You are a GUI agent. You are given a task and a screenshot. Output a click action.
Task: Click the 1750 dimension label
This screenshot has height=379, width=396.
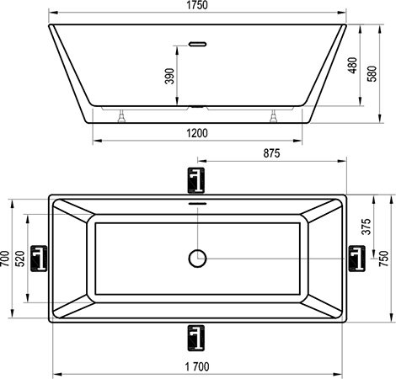pyautogui.click(x=197, y=5)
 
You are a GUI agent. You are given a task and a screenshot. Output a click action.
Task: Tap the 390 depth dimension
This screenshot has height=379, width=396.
pyautogui.click(x=169, y=76)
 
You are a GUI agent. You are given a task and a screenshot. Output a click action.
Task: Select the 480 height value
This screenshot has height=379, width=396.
pyautogui.click(x=353, y=66)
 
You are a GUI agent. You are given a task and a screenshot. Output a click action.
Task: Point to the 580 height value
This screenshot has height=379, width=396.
pyautogui.click(x=372, y=73)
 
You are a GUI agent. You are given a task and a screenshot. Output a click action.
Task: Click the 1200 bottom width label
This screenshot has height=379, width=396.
pyautogui.click(x=197, y=133)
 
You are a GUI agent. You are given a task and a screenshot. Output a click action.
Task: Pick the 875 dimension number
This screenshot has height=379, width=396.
pyautogui.click(x=271, y=153)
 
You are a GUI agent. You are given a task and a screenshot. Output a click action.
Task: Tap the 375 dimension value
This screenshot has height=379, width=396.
pyautogui.click(x=366, y=227)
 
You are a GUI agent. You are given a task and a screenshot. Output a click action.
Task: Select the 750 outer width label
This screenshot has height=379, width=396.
pyautogui.click(x=383, y=259)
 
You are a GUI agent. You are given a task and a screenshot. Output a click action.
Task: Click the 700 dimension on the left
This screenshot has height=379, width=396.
pyautogui.click(x=5, y=259)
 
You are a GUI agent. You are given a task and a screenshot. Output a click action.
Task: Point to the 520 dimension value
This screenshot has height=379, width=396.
pyautogui.click(x=21, y=259)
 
